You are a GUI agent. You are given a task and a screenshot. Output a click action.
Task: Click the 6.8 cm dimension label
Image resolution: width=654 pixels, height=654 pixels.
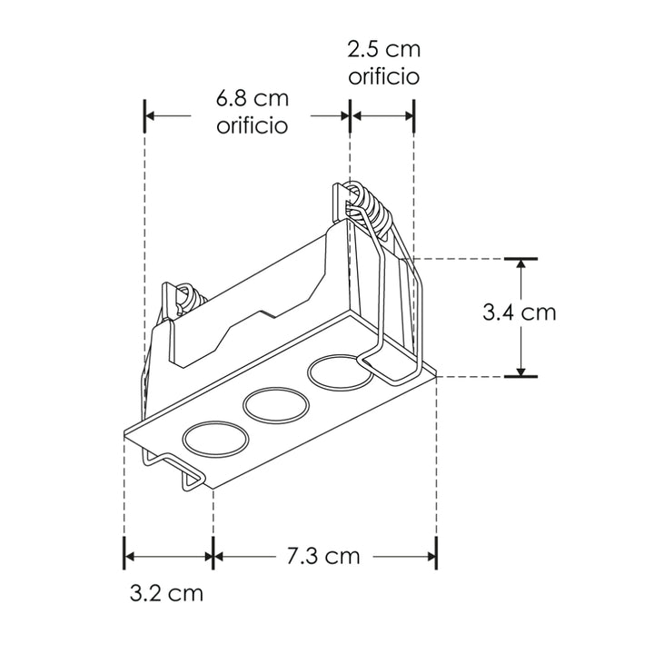point(252,98)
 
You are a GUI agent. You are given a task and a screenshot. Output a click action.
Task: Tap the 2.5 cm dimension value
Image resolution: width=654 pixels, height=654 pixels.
point(383,49)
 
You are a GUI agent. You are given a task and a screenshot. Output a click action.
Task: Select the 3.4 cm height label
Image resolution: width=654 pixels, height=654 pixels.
point(519,312)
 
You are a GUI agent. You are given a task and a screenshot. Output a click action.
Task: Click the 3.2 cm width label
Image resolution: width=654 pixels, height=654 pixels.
point(166,594)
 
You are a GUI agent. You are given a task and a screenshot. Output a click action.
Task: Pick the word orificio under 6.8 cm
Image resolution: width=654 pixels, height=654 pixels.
point(252,125)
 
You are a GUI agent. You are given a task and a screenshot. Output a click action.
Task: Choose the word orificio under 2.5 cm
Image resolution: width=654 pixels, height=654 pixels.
point(383,76)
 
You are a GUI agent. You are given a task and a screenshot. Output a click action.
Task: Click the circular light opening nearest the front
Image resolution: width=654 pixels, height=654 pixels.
point(215,441)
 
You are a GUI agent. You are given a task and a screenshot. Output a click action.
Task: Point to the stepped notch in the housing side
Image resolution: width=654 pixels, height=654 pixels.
point(263,318)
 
